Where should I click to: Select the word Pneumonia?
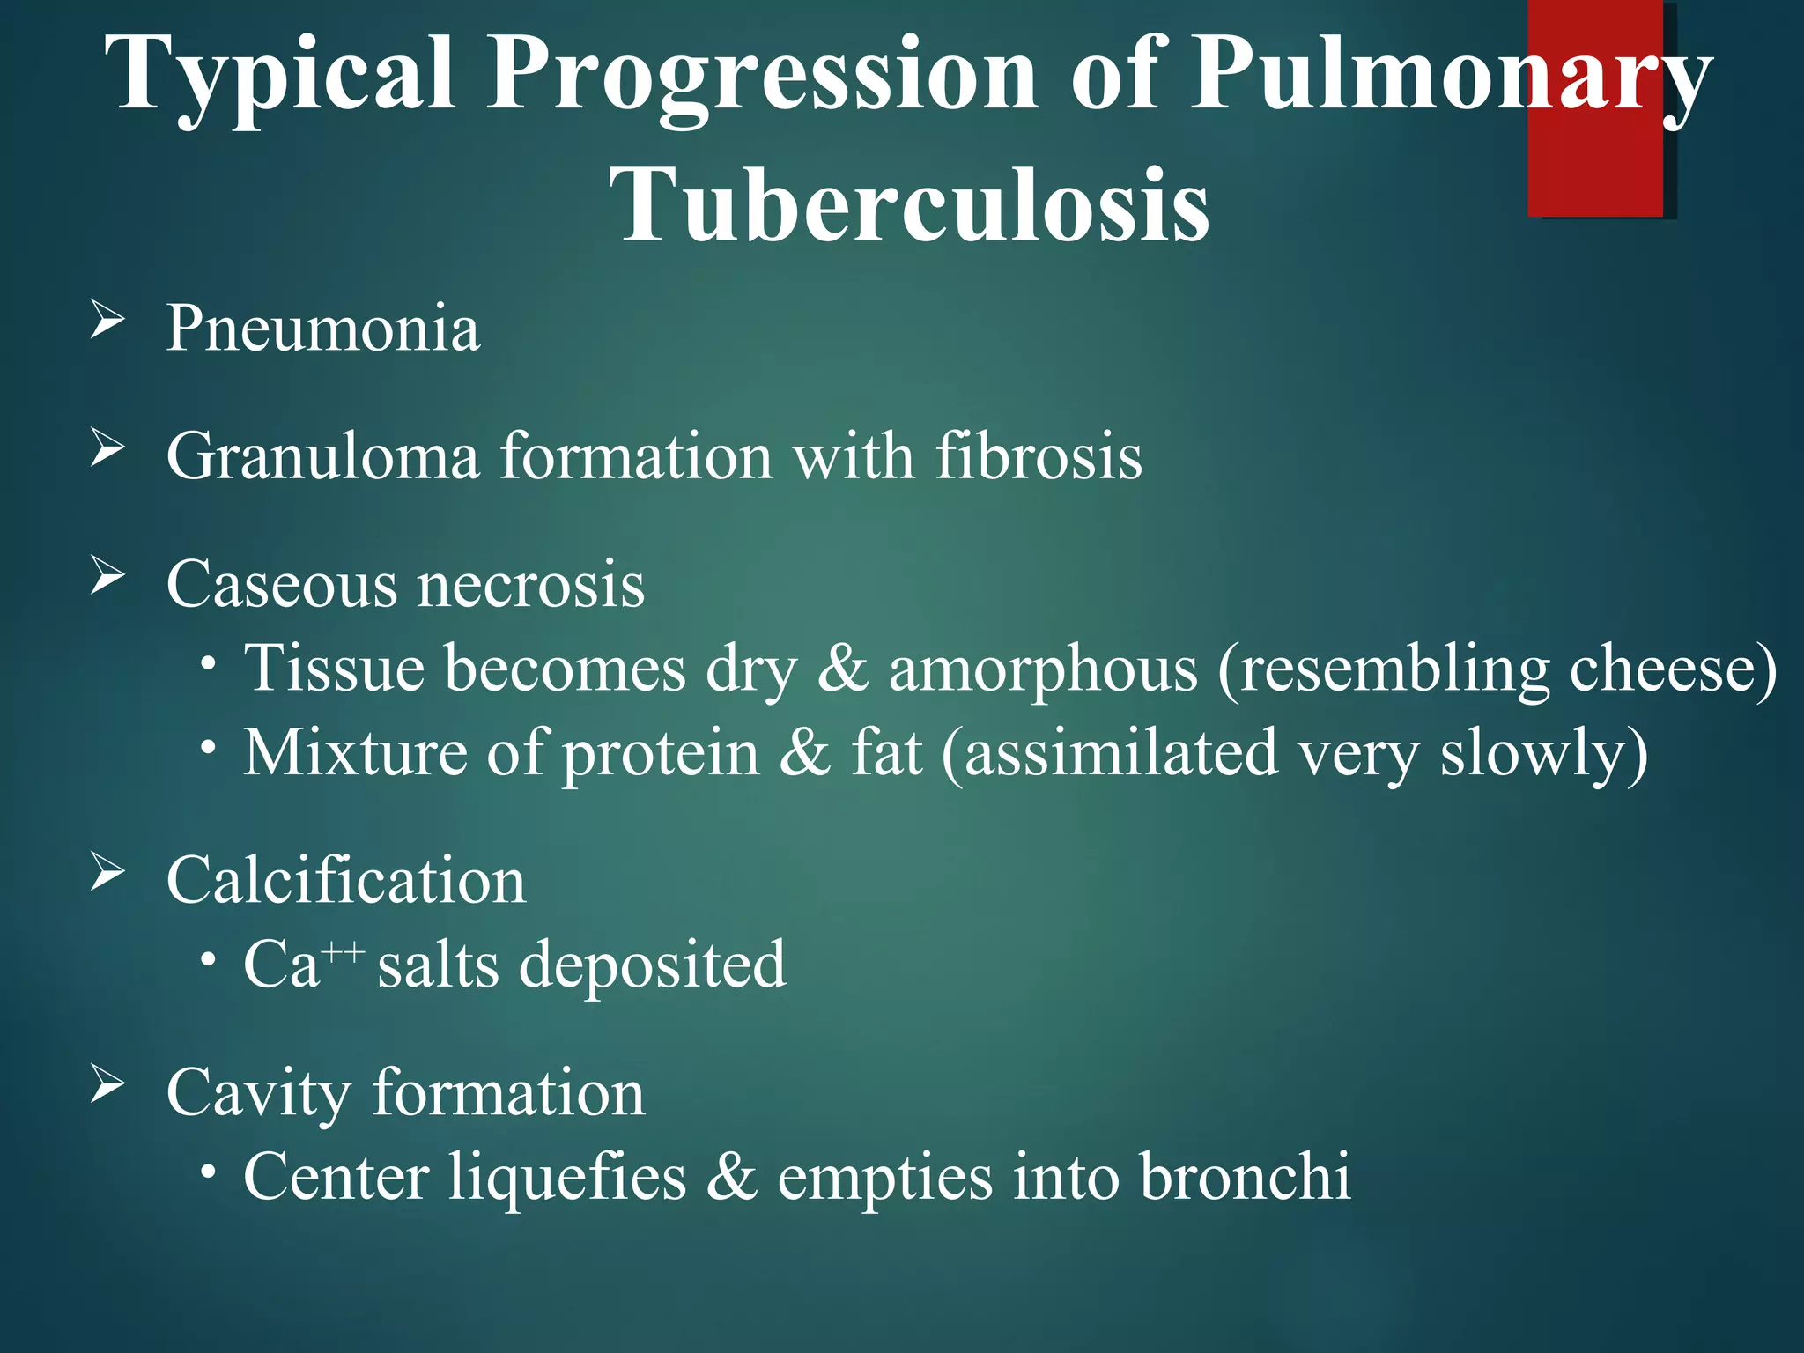click(323, 328)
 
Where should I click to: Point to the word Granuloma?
click(322, 456)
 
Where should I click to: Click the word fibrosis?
click(1038, 456)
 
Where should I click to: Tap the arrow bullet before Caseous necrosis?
click(107, 577)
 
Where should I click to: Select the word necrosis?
click(530, 584)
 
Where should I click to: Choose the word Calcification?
click(346, 880)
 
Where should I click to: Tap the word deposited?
click(652, 965)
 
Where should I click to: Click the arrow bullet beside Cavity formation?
click(107, 1085)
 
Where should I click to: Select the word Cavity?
click(258, 1093)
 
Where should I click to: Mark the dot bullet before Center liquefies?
click(208, 1172)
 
